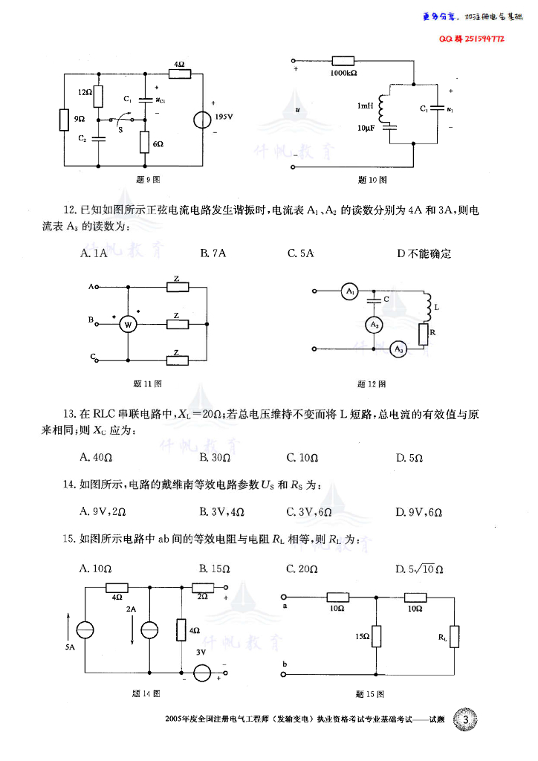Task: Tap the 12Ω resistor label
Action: (x=84, y=92)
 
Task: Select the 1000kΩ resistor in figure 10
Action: (x=343, y=62)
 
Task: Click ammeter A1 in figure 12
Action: (x=350, y=292)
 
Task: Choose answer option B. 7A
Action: (x=213, y=253)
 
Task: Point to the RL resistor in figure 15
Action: (x=453, y=636)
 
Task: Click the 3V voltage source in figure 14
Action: (x=201, y=674)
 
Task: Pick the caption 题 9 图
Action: (x=149, y=179)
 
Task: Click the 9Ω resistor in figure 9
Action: (x=64, y=120)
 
